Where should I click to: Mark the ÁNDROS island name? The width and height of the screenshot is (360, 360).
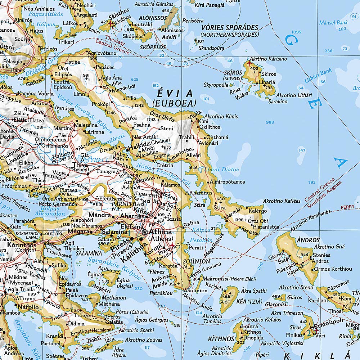pyautogui.click(x=308, y=240)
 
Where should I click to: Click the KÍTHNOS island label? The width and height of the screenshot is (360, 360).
pyautogui.click(x=221, y=339)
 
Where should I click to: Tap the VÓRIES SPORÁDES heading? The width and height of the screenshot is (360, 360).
pyautogui.click(x=230, y=28)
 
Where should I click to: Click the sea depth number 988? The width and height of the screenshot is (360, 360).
pyautogui.click(x=270, y=122)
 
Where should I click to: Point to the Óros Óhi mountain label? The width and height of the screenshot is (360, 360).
pyautogui.click(x=258, y=220)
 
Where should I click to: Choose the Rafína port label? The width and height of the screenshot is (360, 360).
pyautogui.click(x=191, y=223)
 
